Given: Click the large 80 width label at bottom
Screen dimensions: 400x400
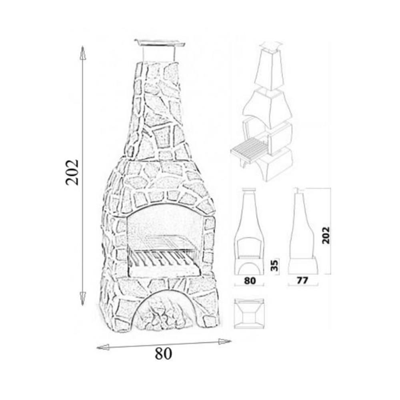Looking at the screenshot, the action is point(163,354).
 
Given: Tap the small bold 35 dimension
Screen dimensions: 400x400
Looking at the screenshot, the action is point(274,266).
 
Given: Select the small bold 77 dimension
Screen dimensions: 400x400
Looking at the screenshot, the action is point(302,281).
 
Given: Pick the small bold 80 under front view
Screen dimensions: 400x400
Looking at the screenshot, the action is point(250,281).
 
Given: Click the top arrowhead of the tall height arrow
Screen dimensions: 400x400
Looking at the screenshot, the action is point(82,53).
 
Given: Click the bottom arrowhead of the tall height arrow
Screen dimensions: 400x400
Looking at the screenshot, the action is point(82,298).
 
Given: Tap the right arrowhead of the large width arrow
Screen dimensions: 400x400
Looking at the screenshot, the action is point(225,341).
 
